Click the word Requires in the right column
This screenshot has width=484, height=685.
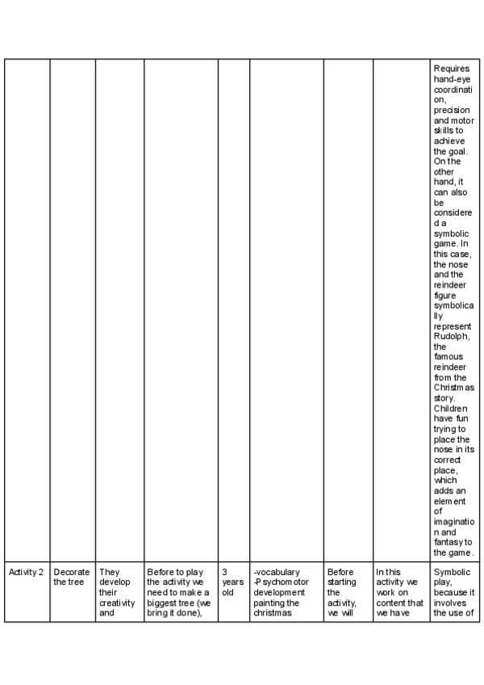click(451, 68)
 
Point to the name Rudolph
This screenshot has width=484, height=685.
click(451, 337)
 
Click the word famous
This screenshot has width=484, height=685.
click(448, 357)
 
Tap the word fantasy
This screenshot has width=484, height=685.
click(448, 542)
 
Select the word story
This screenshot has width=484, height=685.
click(444, 398)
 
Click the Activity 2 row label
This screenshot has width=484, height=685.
click(27, 572)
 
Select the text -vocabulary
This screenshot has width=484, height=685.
click(276, 572)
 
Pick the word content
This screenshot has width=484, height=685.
click(390, 603)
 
